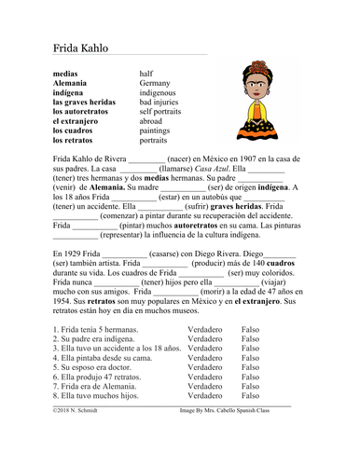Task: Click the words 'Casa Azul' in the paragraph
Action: (193, 171)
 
